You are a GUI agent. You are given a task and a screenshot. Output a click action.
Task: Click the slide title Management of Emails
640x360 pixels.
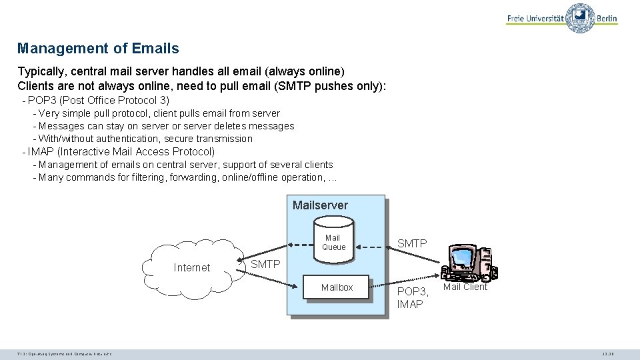(x=98, y=49)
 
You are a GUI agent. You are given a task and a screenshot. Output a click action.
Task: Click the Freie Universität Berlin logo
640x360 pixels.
(x=561, y=19)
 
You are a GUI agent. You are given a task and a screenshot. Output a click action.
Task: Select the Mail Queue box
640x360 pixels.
(x=333, y=243)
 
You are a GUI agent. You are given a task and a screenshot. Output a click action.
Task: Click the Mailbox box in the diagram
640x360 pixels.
(x=337, y=288)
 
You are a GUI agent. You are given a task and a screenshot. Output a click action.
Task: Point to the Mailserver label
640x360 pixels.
(x=320, y=205)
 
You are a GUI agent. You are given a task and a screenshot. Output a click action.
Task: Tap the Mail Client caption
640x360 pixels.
(x=465, y=287)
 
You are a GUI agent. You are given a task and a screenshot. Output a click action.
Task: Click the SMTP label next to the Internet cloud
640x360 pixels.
(x=265, y=265)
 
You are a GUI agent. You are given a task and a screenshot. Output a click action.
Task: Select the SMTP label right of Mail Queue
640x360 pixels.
(x=412, y=244)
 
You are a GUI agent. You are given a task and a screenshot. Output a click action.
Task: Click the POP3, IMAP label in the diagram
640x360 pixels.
(x=411, y=298)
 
